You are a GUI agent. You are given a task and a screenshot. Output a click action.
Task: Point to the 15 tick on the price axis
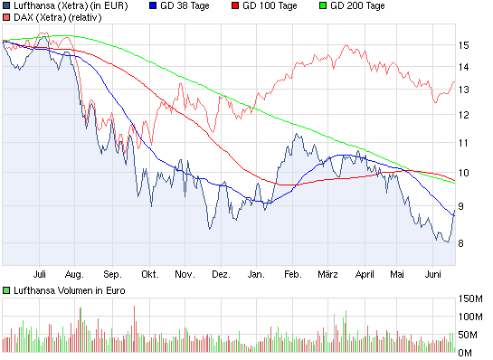point(463,45)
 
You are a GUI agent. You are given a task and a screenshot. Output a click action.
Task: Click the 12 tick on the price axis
point(463,115)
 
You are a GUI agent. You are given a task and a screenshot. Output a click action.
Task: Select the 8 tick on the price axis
point(463,242)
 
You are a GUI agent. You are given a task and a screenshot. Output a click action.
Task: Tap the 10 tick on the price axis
point(463,173)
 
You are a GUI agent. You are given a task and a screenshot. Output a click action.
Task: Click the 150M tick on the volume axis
point(472,298)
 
